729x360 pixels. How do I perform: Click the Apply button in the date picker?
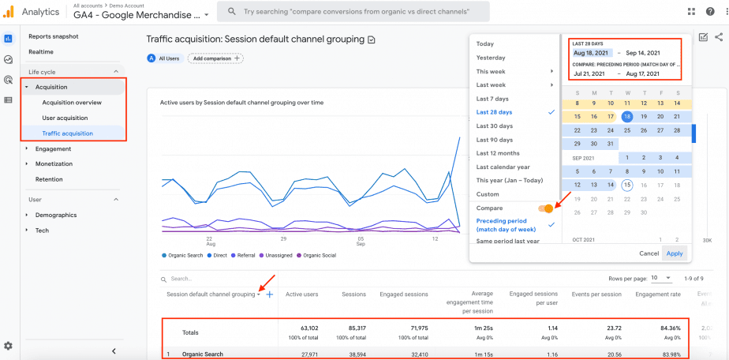675,253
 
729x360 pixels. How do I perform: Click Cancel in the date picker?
649,253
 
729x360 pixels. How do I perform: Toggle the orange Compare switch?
545,208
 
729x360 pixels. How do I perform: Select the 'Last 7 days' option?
492,99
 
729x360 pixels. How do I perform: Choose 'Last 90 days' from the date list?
494,140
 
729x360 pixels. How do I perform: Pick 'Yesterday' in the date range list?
491,58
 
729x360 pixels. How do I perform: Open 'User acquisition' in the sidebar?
65,118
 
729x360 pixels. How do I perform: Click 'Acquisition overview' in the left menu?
72,103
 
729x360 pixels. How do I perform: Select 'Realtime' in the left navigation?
41,51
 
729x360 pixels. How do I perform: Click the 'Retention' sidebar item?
49,179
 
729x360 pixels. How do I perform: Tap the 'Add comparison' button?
215,58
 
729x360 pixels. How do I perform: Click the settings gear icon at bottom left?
8,346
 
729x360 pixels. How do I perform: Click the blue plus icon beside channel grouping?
269,294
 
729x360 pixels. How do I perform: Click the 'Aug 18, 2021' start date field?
589,53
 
